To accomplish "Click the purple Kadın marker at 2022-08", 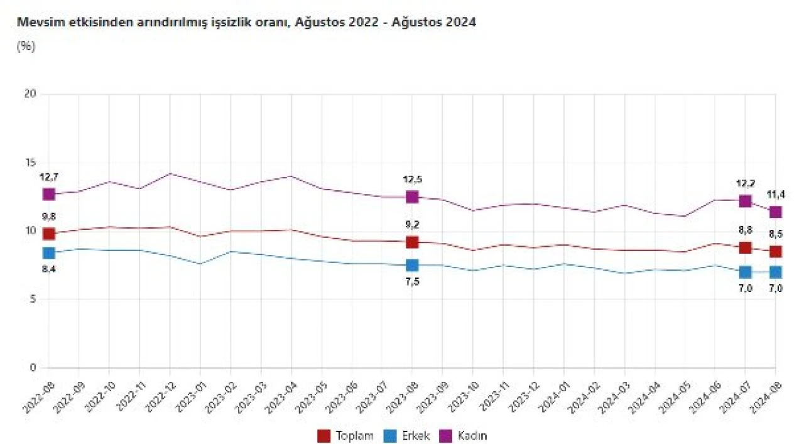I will coord(49,194).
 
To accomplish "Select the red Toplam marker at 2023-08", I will coord(412,242).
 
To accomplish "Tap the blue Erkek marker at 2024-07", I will coord(745,272).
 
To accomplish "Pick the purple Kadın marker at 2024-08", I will coord(776,212).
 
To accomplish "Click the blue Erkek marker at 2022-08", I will coord(49,252).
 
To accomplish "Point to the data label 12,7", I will coord(49,178).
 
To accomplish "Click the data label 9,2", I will coord(412,225).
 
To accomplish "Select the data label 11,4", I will coord(776,195).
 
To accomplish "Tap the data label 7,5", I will coord(412,282).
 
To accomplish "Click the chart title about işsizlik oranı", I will coord(246,23).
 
